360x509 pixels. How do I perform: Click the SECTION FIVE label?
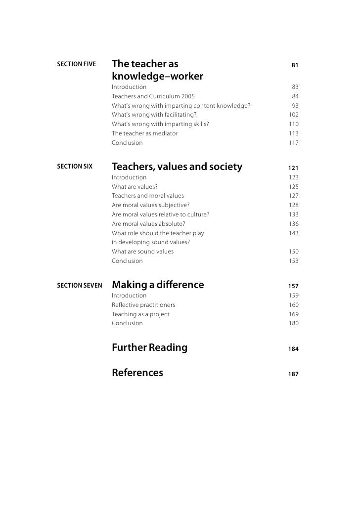pyautogui.click(x=76, y=65)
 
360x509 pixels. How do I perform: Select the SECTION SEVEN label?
pyautogui.click(x=79, y=285)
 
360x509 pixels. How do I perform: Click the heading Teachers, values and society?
pyautogui.click(x=177, y=167)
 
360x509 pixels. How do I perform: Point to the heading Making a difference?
pyautogui.click(x=158, y=285)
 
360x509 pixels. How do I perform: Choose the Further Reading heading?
pyautogui.click(x=149, y=347)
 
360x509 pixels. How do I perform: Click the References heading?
pyautogui.click(x=137, y=373)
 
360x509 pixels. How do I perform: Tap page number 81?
pyautogui.click(x=295, y=65)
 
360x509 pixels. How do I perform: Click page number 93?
pyautogui.click(x=295, y=105)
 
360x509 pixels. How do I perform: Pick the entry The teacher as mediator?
pyautogui.click(x=144, y=133)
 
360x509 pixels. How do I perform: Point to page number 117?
pyautogui.click(x=294, y=143)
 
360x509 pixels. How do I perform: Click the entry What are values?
pyautogui.click(x=135, y=187)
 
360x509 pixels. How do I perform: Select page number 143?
pyautogui.click(x=294, y=233)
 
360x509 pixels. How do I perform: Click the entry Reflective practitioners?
pyautogui.click(x=143, y=305)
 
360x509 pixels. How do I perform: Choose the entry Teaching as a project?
pyautogui.click(x=140, y=314)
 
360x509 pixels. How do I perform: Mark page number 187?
pyautogui.click(x=293, y=375)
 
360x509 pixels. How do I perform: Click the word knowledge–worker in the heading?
pyautogui.click(x=157, y=77)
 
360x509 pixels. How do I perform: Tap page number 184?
pyautogui.click(x=293, y=349)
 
